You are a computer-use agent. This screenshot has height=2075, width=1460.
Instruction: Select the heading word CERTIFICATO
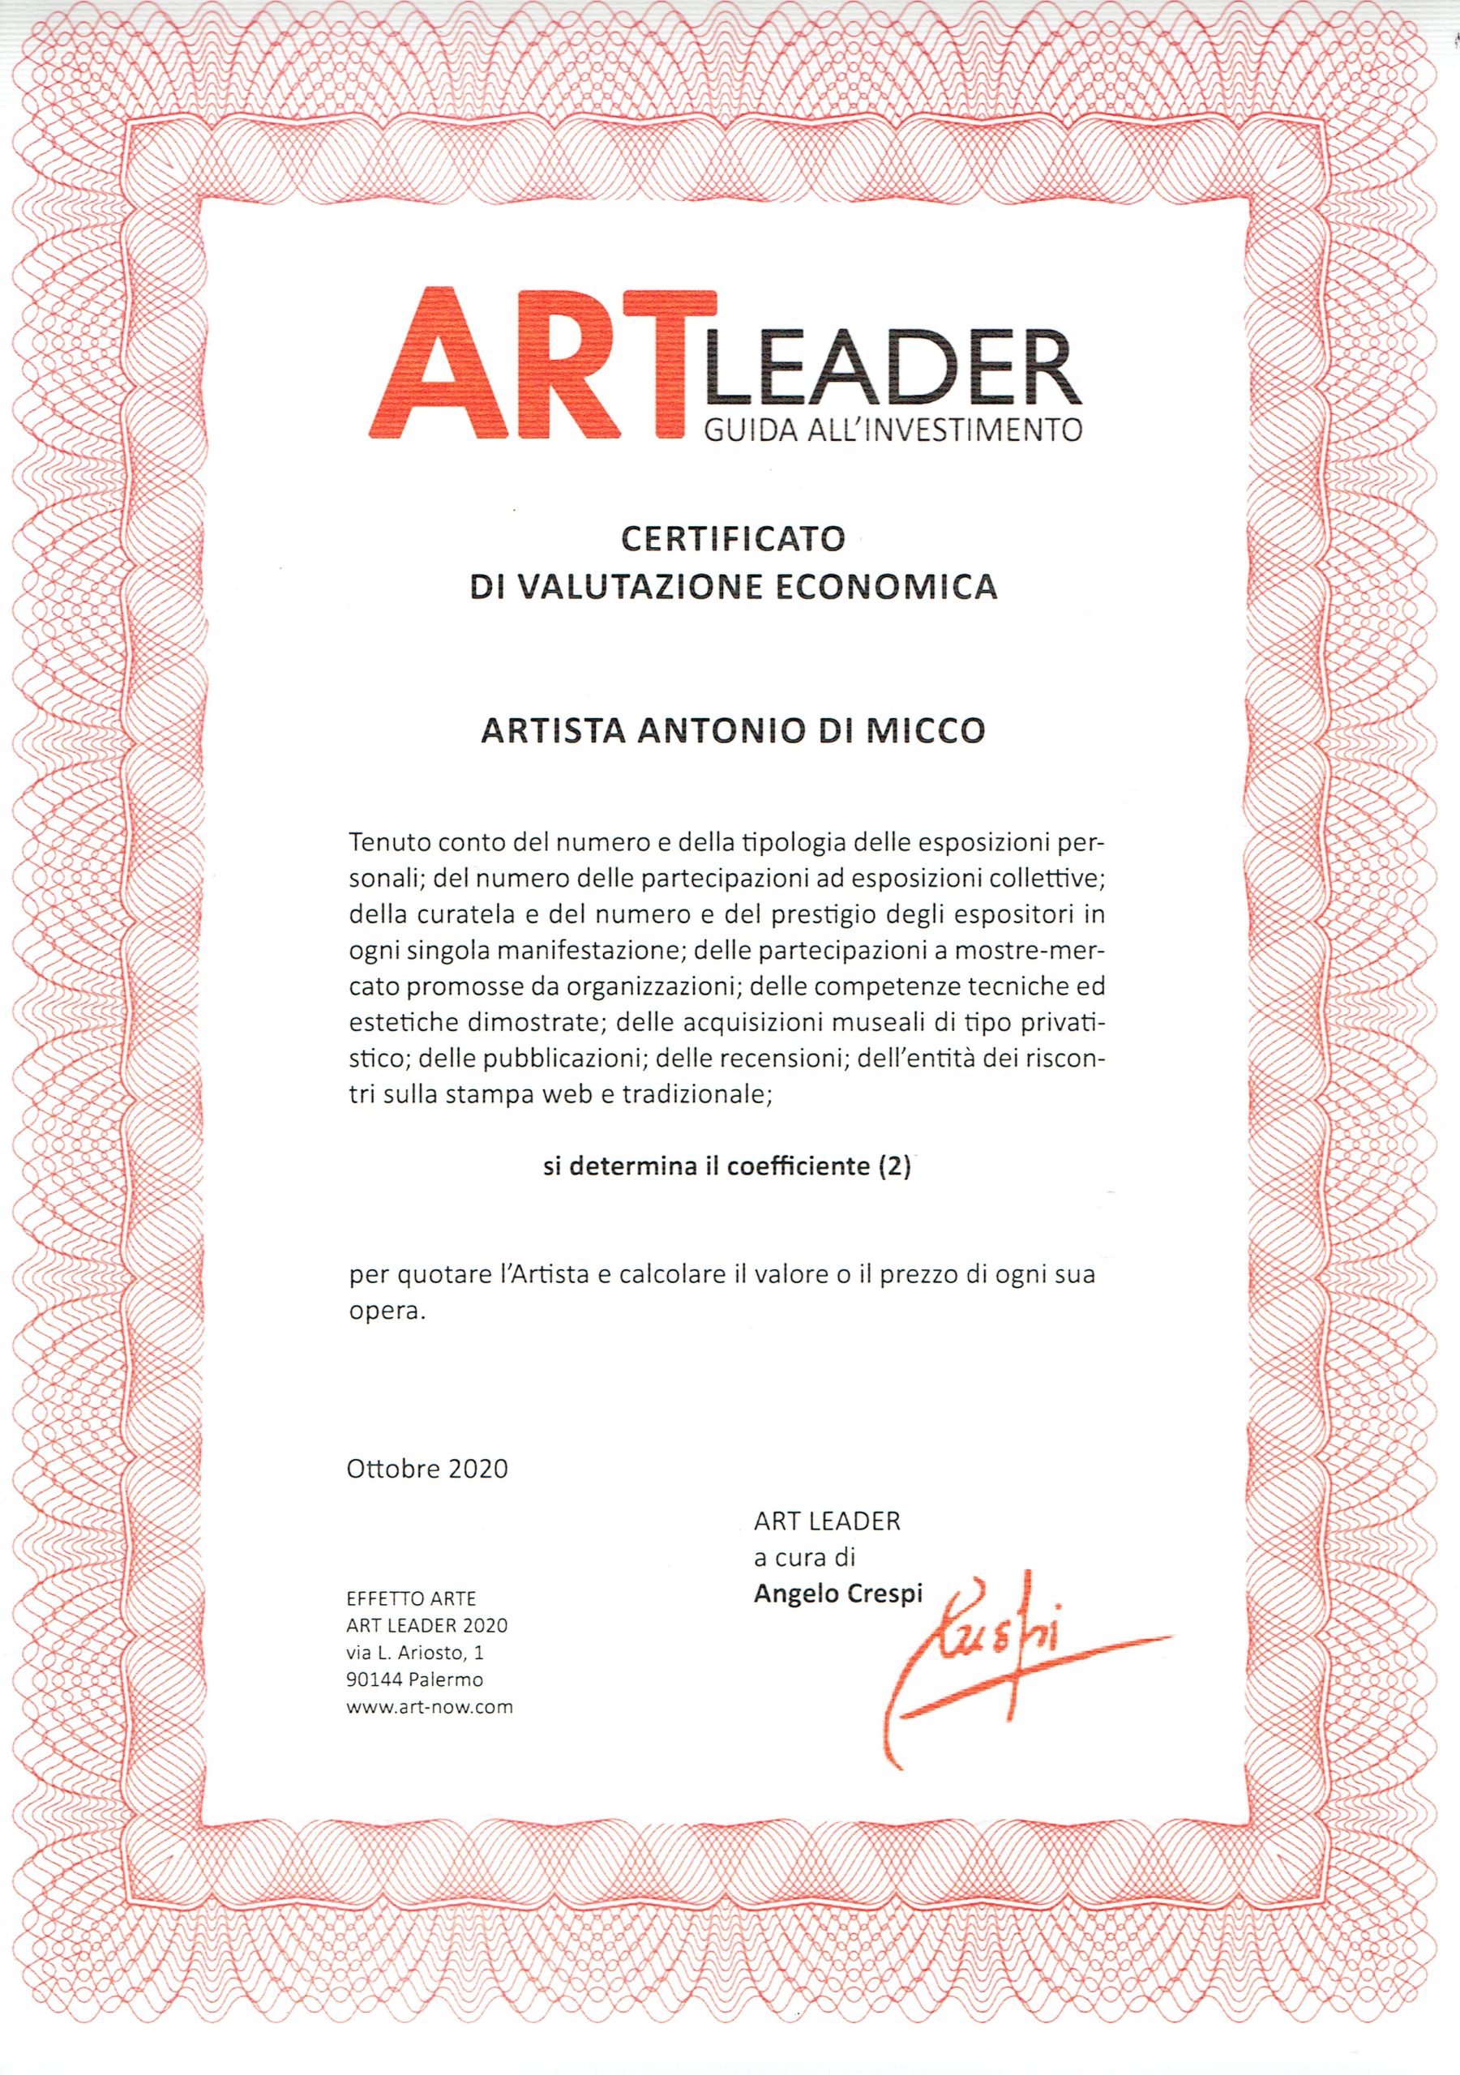click(732, 540)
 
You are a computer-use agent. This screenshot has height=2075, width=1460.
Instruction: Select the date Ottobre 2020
click(427, 1469)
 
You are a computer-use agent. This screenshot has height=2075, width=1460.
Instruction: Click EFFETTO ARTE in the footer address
click(411, 1598)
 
